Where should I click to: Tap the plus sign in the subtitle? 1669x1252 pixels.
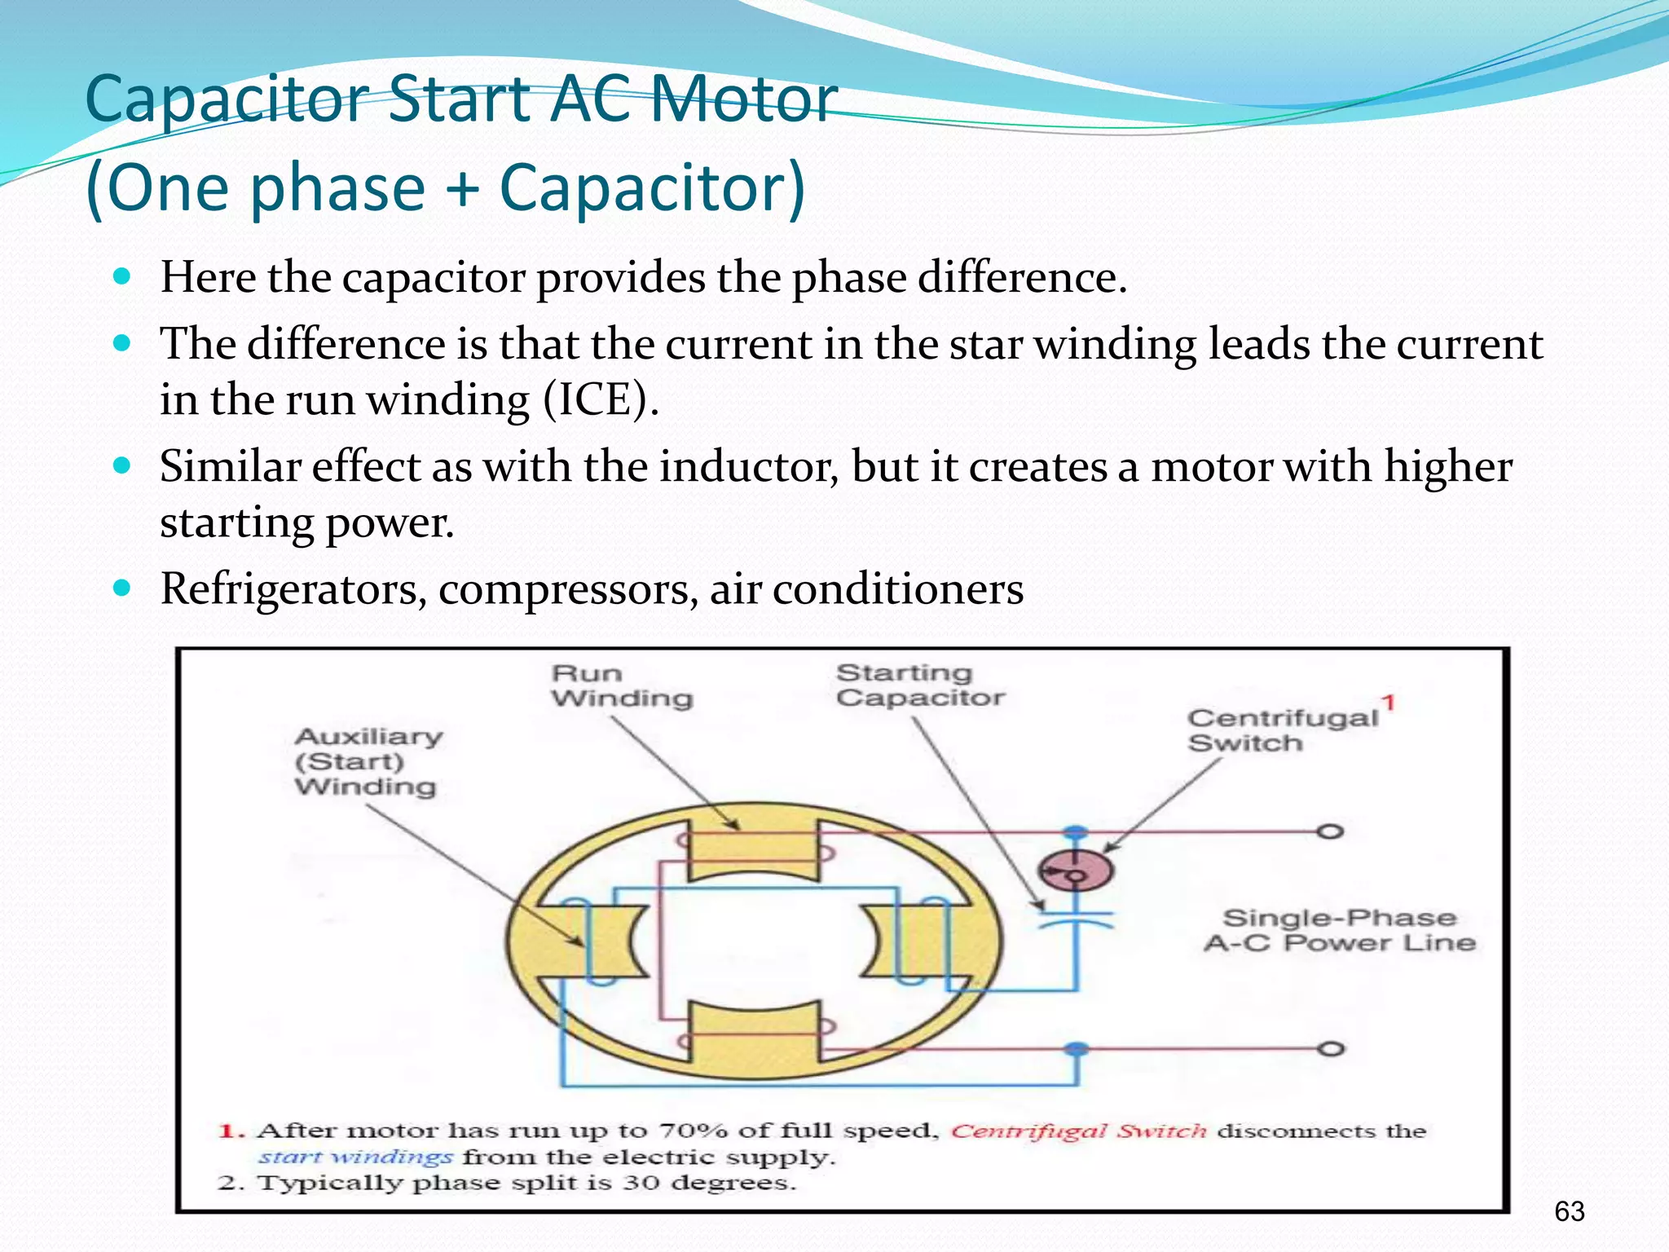pos(462,187)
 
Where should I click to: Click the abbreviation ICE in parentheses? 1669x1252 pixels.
pos(599,399)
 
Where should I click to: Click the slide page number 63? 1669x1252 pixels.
pos(1569,1212)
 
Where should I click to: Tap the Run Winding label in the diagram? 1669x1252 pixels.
pos(621,686)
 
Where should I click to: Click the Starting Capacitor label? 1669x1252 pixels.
pos(920,685)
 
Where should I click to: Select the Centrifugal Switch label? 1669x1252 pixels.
pos(1282,730)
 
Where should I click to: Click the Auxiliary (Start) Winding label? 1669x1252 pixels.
pos(368,761)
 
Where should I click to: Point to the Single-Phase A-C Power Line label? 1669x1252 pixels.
pos(1339,930)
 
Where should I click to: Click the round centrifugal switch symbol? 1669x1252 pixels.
pos(1076,871)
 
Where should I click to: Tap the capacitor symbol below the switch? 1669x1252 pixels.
pos(1076,919)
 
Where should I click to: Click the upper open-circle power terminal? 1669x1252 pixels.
pos(1330,832)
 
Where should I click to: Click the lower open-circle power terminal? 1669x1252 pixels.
pos(1330,1049)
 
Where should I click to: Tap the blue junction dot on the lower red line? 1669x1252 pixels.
pos(1077,1049)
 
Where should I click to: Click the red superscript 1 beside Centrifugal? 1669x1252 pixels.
pos(1388,703)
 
